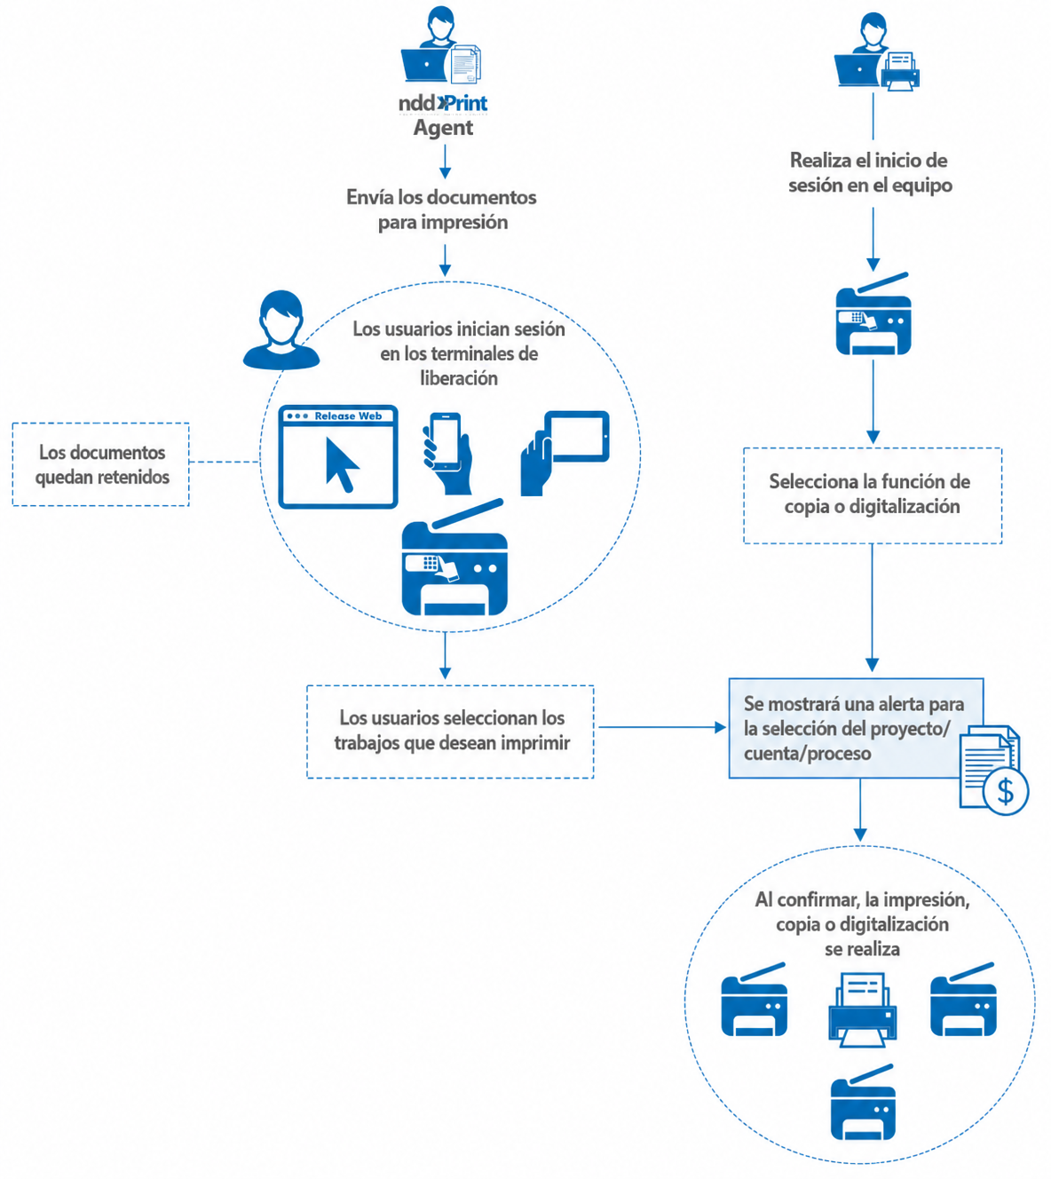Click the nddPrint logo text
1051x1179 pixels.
(442, 104)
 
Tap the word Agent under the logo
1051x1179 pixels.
(443, 128)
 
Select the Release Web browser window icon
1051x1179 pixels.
(338, 457)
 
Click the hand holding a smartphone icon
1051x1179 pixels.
(446, 454)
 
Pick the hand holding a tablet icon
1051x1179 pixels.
(565, 453)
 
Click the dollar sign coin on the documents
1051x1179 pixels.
(1006, 791)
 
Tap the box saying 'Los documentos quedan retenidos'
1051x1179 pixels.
(100, 464)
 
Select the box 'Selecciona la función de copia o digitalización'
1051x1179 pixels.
(873, 495)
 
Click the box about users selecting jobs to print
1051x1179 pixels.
(450, 732)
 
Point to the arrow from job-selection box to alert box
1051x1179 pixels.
(662, 727)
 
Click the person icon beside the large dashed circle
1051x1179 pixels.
(281, 329)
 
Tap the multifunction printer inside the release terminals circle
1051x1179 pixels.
(454, 557)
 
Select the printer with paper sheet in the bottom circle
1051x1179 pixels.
(863, 1010)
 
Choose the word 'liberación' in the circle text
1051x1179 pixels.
(459, 378)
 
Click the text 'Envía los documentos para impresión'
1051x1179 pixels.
(442, 210)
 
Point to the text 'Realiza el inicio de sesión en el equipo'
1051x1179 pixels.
(870, 172)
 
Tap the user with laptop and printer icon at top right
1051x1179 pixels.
(876, 51)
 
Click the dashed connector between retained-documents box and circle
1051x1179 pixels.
(225, 462)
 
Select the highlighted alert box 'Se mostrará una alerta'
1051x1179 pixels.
(856, 728)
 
